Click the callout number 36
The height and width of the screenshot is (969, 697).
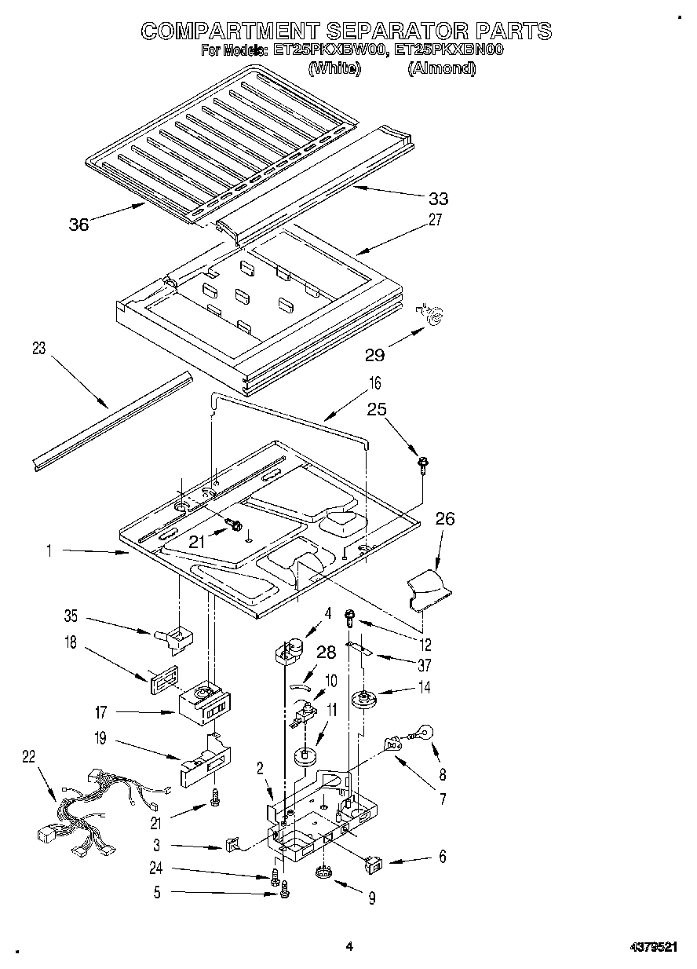[78, 225]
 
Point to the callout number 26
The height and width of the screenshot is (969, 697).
[444, 520]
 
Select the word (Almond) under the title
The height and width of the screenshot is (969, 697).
[441, 68]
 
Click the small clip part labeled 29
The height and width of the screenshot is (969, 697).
[431, 314]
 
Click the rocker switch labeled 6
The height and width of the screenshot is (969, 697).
[375, 865]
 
